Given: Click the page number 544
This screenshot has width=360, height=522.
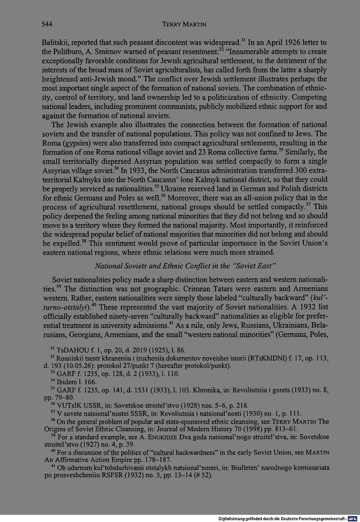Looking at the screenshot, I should click(48, 24).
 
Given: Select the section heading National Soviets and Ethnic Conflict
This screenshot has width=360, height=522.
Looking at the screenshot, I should click(185, 266).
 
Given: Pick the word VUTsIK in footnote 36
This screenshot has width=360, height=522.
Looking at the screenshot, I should click(69, 406).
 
